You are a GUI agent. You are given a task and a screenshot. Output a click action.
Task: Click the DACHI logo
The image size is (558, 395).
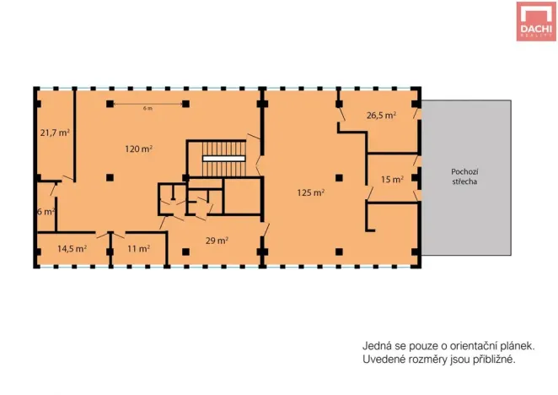tap(536, 21)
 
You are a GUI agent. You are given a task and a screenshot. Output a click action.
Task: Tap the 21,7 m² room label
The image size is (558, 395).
tap(55, 133)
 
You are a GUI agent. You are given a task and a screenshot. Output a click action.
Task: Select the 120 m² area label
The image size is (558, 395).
tap(139, 149)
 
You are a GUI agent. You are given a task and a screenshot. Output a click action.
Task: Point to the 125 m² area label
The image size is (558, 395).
tap(311, 193)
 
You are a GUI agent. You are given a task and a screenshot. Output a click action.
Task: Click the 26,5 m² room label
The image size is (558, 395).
tap(382, 116)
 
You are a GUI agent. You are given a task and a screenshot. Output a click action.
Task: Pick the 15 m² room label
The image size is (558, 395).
tap(392, 179)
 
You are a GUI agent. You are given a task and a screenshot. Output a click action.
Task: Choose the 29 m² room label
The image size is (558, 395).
tap(217, 241)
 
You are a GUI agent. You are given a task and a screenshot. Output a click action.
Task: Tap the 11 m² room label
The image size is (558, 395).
tap(138, 248)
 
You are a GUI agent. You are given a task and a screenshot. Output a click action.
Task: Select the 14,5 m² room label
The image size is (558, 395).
tap(72, 248)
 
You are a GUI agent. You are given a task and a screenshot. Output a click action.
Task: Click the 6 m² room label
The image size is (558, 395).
tap(46, 212)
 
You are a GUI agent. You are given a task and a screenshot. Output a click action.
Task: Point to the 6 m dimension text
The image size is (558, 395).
tap(148, 108)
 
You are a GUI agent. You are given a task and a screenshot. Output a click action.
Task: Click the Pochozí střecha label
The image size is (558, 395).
tap(464, 176)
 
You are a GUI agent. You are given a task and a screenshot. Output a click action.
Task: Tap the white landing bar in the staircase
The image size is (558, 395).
tap(224, 159)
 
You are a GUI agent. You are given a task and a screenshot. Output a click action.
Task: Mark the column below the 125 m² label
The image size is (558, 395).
tap(339, 252)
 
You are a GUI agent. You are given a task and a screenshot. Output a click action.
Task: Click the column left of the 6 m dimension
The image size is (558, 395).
tap(110, 104)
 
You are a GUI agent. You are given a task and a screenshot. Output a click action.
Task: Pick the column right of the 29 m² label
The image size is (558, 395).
tap(262, 252)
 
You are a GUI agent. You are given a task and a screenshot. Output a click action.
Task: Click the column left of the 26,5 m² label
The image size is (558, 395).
tap(339, 104)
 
